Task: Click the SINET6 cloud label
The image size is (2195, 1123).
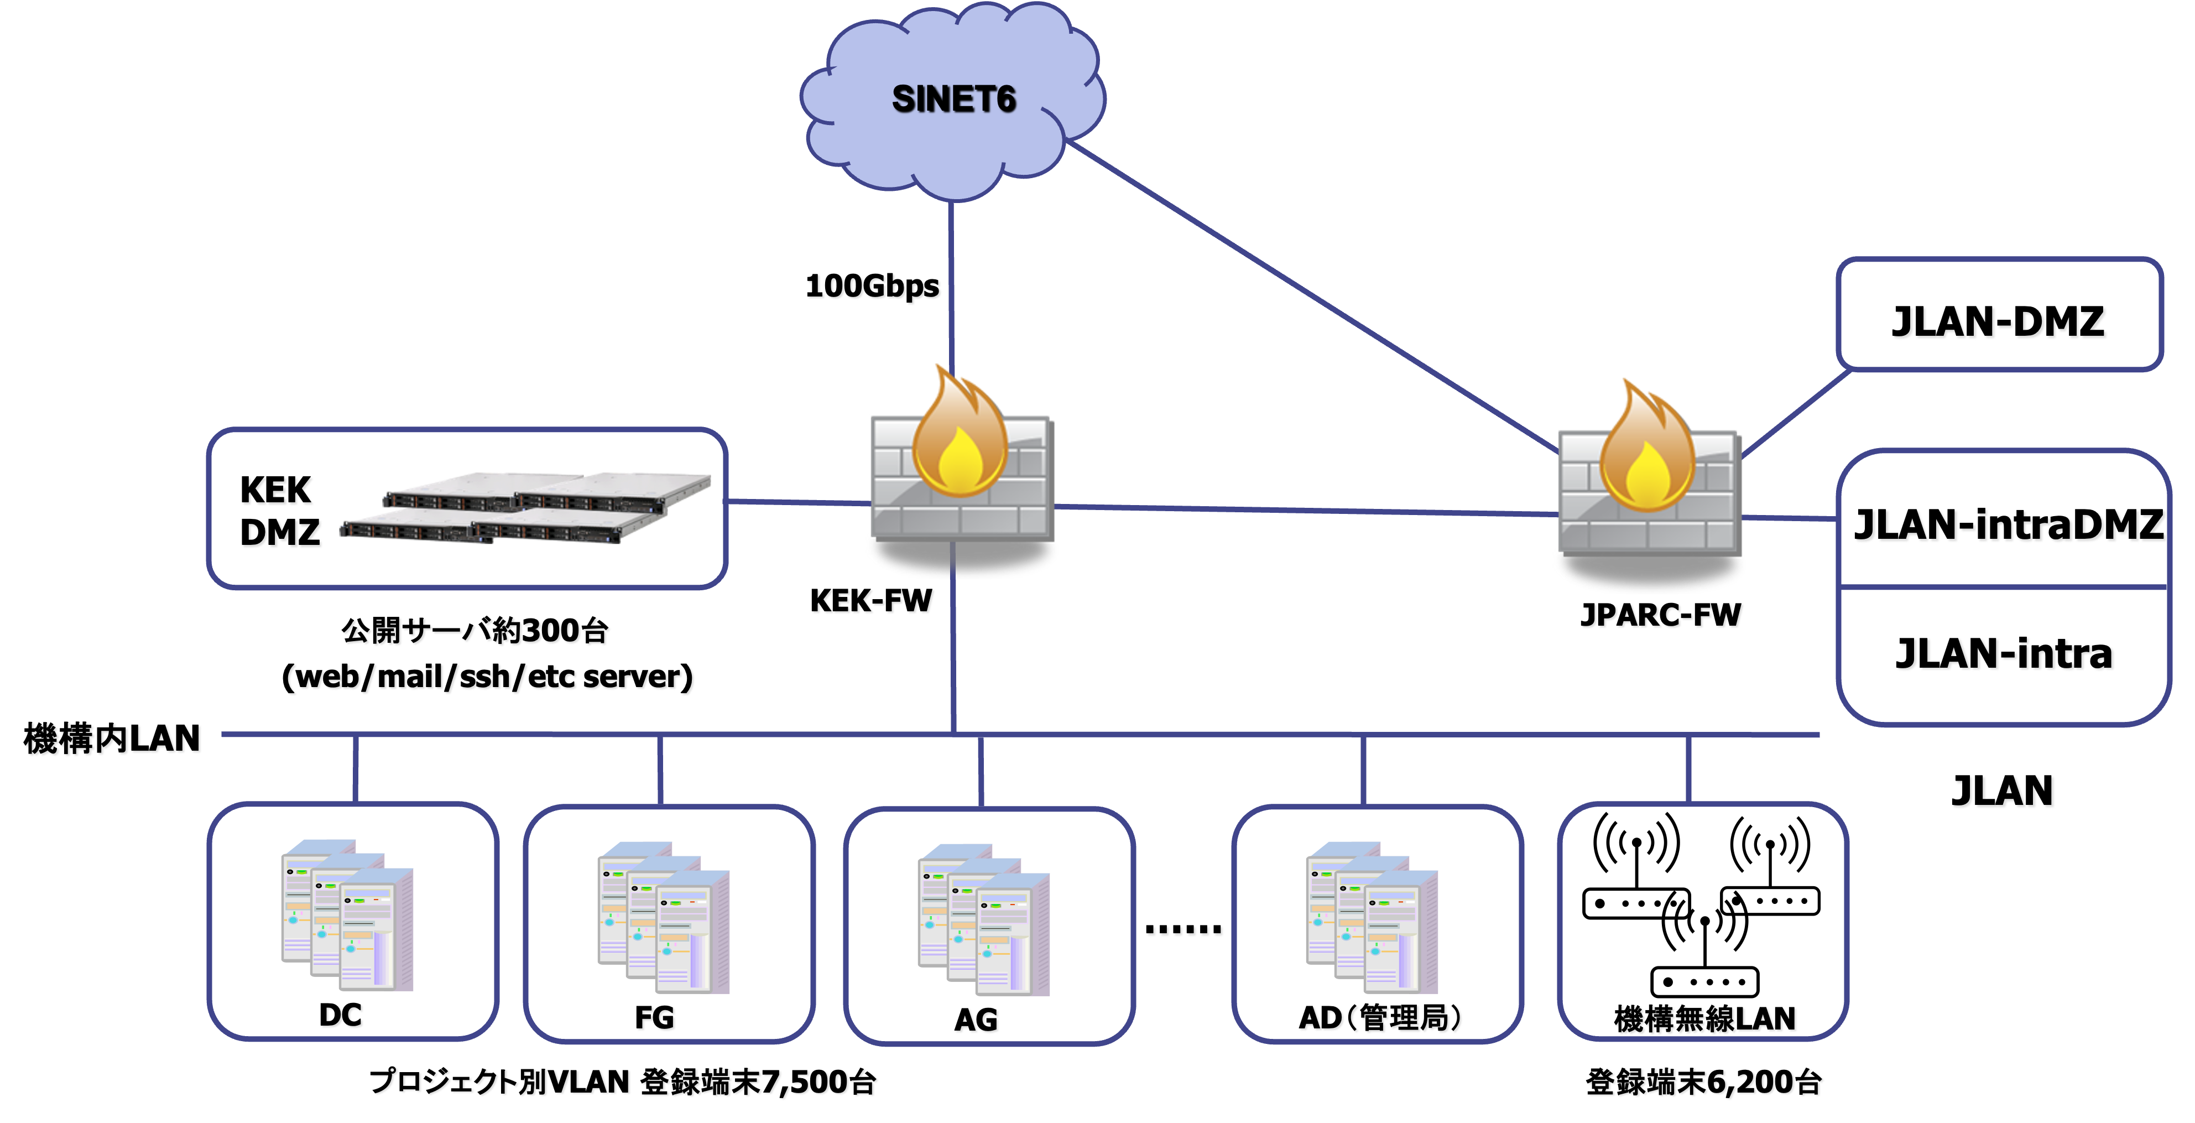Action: click(953, 100)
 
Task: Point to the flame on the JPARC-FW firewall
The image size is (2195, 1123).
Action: click(1646, 451)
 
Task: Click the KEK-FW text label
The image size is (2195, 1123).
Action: click(873, 601)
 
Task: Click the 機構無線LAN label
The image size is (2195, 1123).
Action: click(1706, 1019)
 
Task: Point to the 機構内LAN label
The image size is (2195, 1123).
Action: click(113, 738)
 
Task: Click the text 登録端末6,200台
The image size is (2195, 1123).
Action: click(1704, 1082)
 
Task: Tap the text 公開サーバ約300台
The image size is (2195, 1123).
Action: click(476, 631)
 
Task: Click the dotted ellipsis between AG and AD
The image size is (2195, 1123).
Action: click(1185, 930)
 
